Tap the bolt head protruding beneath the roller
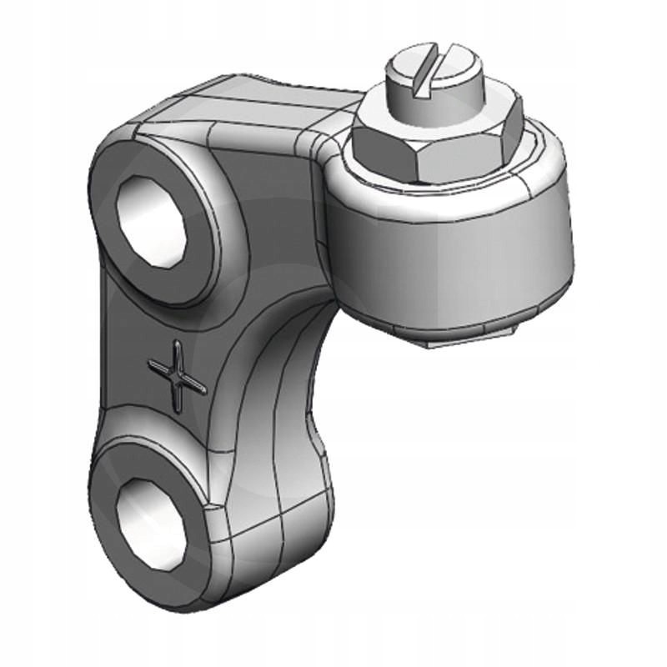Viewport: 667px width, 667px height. (467, 340)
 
